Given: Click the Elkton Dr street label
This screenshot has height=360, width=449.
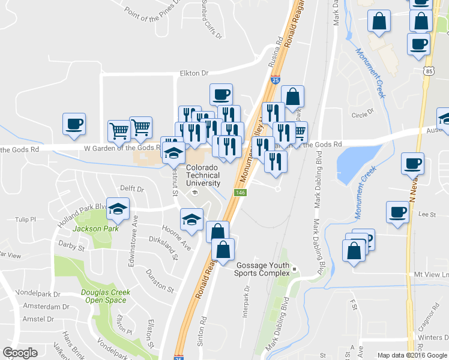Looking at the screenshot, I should click(x=194, y=73).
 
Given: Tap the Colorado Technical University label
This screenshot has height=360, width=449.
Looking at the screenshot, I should click(x=203, y=175).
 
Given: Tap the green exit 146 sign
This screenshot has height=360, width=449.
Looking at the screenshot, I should click(x=240, y=192).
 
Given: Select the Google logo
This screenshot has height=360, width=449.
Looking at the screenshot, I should click(x=20, y=353).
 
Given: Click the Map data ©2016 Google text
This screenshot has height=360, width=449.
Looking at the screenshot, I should click(x=412, y=355).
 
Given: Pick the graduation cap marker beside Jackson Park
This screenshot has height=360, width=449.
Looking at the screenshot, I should click(x=118, y=208).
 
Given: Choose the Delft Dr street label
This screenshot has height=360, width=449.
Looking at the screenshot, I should click(x=132, y=189).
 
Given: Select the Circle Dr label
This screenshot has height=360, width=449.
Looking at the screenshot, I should click(x=363, y=112).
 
